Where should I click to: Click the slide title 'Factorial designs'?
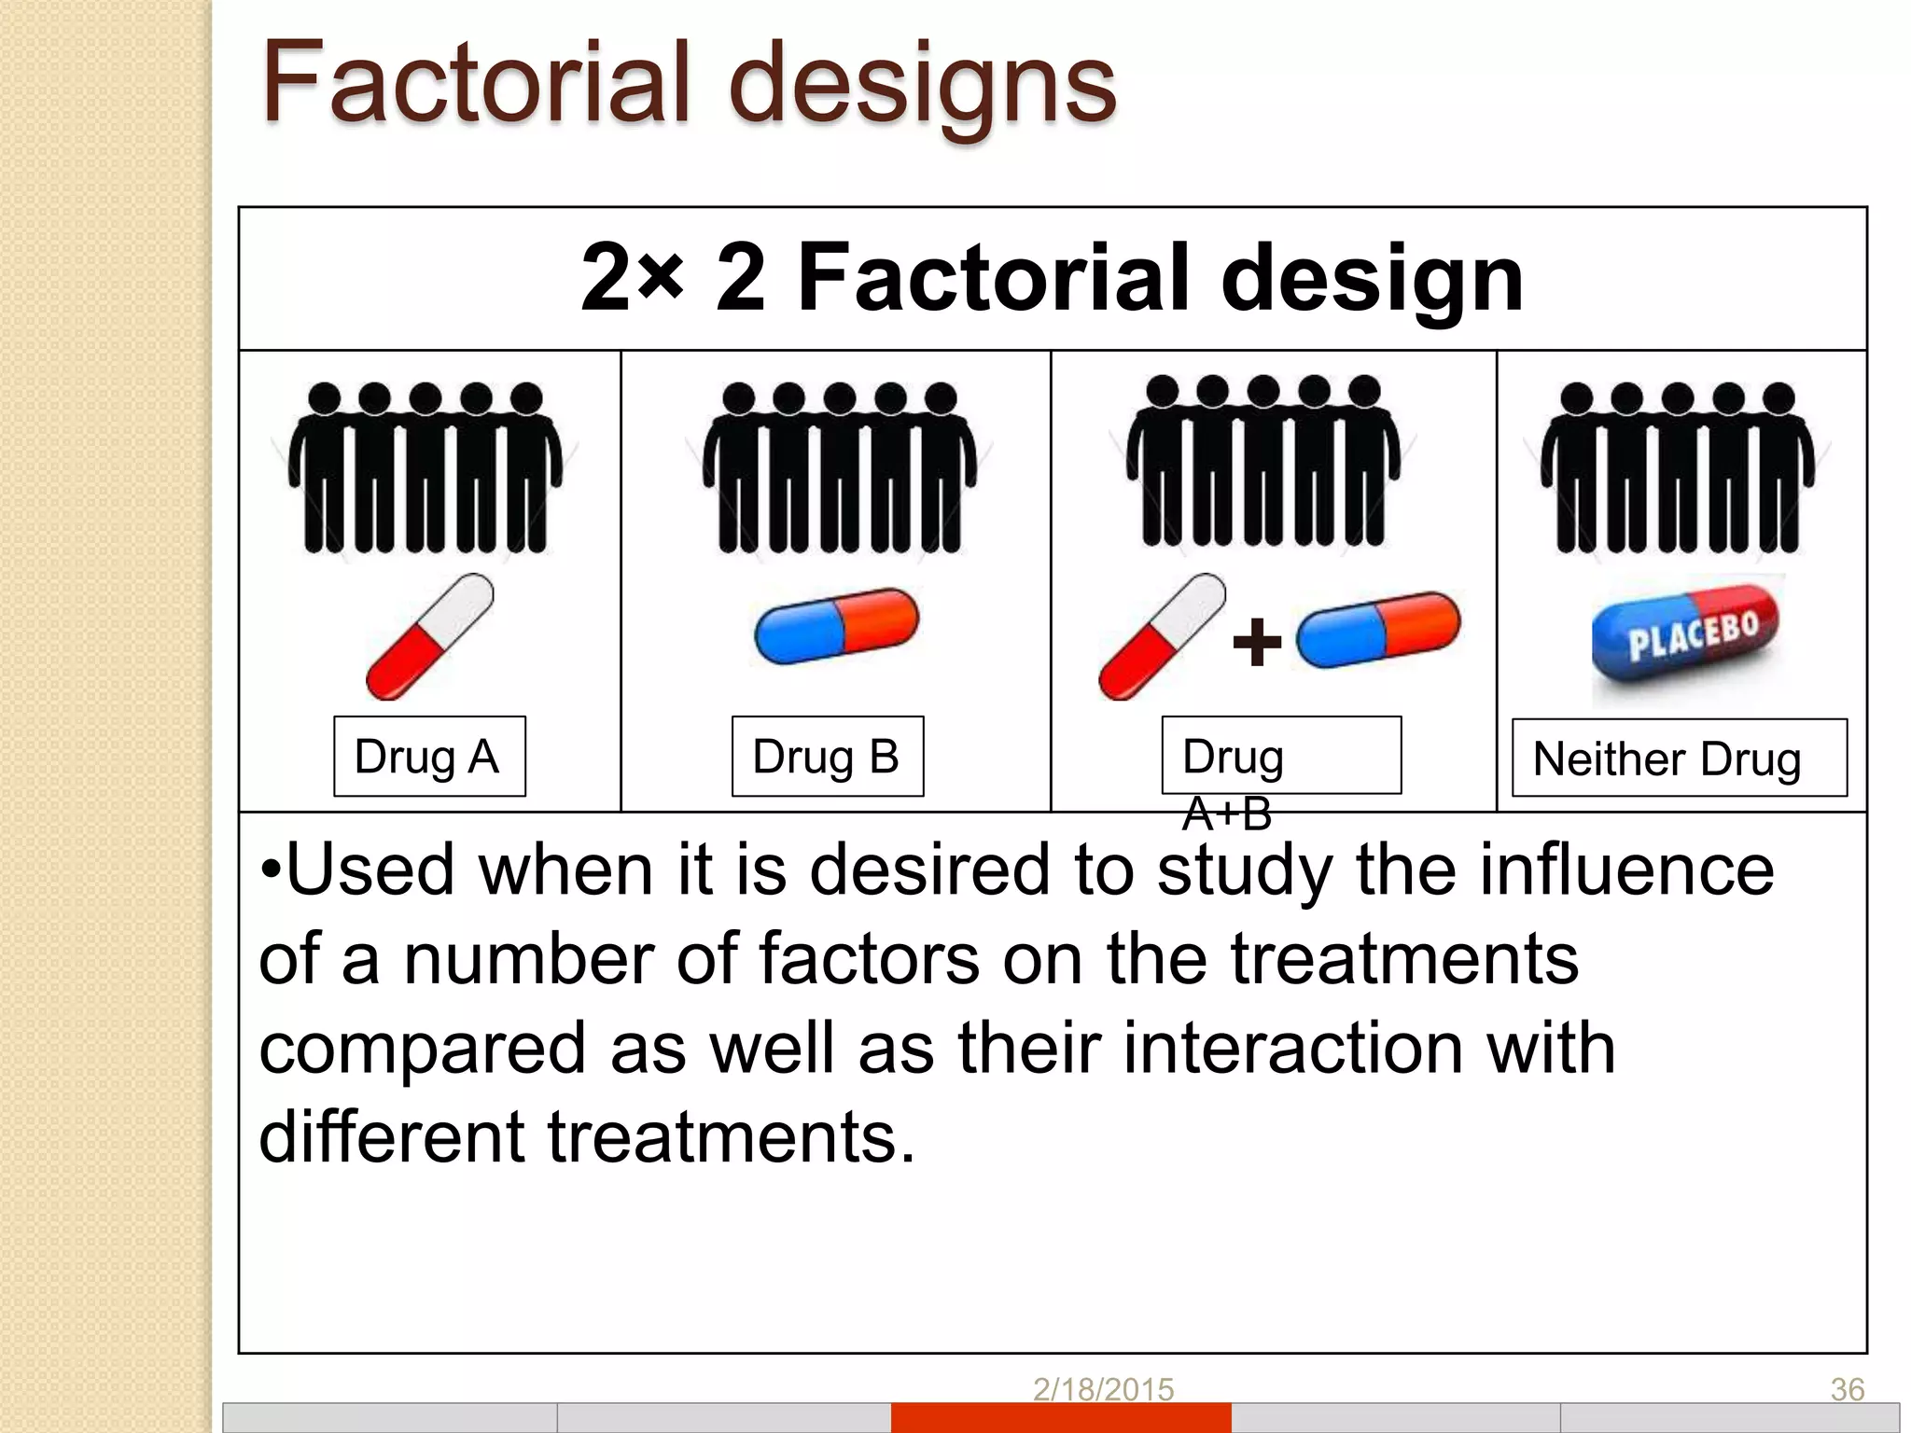click(x=689, y=84)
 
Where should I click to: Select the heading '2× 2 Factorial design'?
click(x=1052, y=277)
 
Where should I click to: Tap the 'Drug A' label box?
click(x=429, y=756)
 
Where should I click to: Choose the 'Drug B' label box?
click(x=827, y=756)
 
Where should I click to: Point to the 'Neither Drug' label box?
click(x=1679, y=758)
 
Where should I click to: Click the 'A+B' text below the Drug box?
click(x=1226, y=814)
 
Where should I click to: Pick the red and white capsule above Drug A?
click(x=430, y=636)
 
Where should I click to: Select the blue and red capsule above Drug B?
click(x=836, y=625)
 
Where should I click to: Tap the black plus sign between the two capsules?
click(x=1257, y=642)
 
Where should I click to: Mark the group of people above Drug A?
click(x=425, y=466)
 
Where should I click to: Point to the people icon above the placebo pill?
click(x=1678, y=466)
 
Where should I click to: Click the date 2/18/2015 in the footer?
click(x=1103, y=1389)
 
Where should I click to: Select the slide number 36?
click(x=1847, y=1389)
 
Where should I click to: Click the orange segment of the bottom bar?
click(x=1061, y=1417)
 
